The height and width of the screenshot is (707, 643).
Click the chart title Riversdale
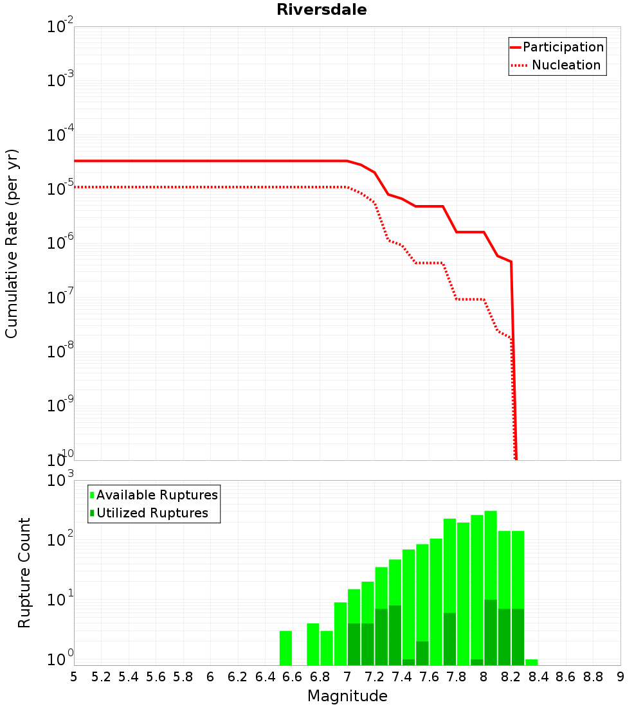click(x=321, y=10)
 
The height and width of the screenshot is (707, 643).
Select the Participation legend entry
click(x=557, y=47)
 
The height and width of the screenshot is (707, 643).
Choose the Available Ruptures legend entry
click(x=154, y=495)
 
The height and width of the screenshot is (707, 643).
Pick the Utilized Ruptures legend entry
click(x=149, y=513)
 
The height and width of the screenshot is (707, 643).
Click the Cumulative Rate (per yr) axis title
click(x=12, y=244)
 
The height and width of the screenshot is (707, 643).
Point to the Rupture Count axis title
click(x=24, y=573)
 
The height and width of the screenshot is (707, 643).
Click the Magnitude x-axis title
click(x=347, y=695)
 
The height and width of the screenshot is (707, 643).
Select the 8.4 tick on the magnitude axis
click(x=538, y=677)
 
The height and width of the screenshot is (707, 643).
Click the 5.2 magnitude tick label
click(x=101, y=677)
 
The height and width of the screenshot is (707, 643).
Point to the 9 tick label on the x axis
click(x=620, y=677)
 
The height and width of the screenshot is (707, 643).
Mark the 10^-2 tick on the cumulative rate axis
click(x=60, y=25)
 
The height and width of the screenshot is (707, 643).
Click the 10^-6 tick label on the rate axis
click(x=60, y=242)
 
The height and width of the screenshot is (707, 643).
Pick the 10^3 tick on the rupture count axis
click(x=60, y=479)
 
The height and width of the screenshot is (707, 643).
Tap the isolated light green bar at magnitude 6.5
click(x=285, y=648)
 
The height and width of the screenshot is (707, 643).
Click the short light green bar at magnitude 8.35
click(x=532, y=663)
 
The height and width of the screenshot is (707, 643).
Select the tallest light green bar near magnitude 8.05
click(x=491, y=555)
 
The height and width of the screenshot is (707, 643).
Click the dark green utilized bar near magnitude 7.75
click(x=449, y=639)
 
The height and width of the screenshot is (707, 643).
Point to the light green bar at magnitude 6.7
click(x=313, y=644)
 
